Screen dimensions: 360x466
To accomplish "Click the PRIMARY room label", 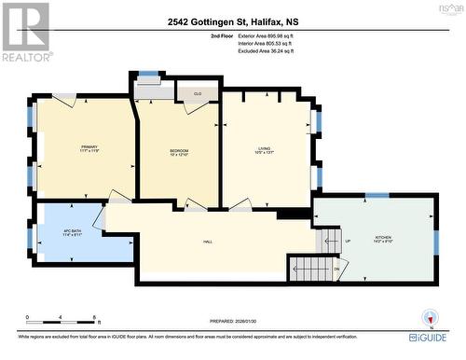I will click(89, 147).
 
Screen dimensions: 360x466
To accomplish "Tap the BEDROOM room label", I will click(178, 151).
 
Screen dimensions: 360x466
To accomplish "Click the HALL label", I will click(207, 242).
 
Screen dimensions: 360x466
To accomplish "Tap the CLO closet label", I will click(198, 93).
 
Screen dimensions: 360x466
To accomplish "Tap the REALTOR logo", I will click(25, 33).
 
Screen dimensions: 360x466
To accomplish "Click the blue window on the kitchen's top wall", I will click(377, 195).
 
